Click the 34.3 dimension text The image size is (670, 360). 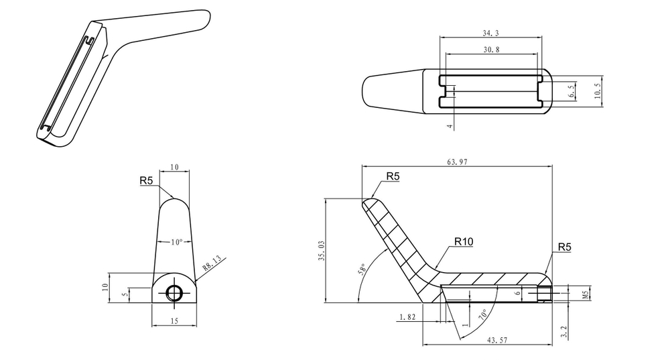click(x=490, y=32)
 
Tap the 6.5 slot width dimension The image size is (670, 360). click(x=572, y=92)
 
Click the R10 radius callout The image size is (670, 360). click(x=464, y=241)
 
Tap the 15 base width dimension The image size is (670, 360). click(x=174, y=321)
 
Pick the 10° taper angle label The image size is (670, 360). click(x=176, y=241)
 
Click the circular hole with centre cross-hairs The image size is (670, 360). click(x=174, y=292)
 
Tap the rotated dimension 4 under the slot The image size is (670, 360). click(x=450, y=125)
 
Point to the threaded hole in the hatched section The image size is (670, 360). click(x=544, y=294)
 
